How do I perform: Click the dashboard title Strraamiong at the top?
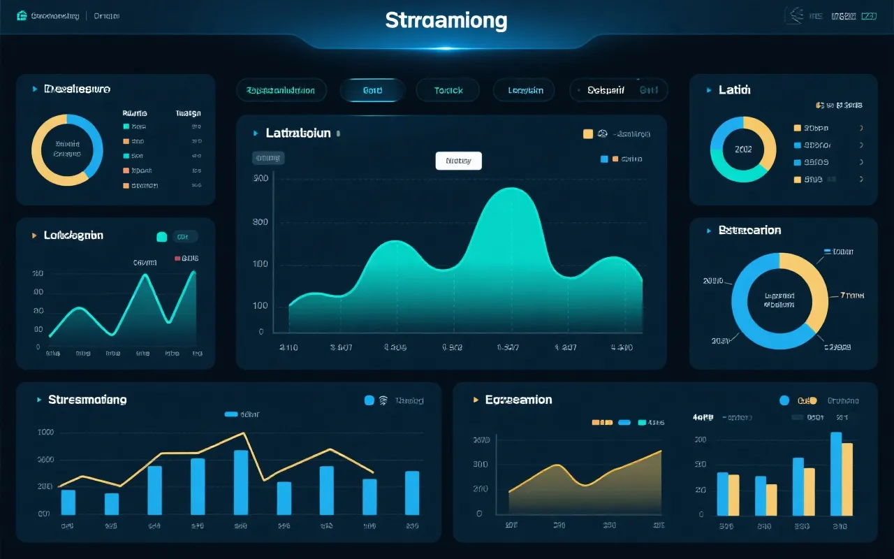[x=446, y=20]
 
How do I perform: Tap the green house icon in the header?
[x=21, y=15]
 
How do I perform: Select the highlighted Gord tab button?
[x=372, y=90]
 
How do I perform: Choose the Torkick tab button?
[x=448, y=90]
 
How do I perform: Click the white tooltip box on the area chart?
[x=458, y=161]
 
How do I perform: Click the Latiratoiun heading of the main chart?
[x=298, y=133]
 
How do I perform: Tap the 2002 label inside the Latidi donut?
[x=743, y=149]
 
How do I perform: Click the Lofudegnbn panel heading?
[x=73, y=235]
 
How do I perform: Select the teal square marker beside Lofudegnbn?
[x=162, y=237]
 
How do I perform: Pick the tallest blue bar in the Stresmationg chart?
[x=240, y=482]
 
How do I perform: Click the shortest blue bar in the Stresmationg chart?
[x=112, y=503]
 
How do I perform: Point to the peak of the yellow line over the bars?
[x=244, y=433]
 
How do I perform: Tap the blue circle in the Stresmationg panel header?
[x=369, y=400]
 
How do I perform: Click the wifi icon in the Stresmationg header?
[x=383, y=400]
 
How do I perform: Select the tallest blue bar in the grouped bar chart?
[x=836, y=474]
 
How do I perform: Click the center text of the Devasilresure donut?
[x=67, y=149]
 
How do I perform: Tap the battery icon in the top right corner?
[x=868, y=15]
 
